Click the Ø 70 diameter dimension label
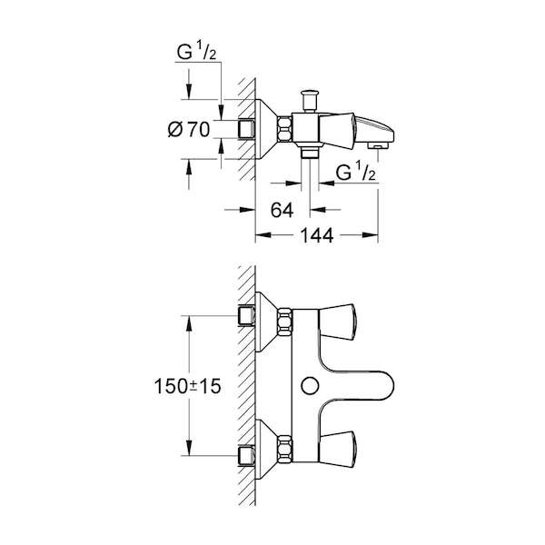[x=189, y=129]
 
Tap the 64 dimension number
[x=282, y=210]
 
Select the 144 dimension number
[x=317, y=235]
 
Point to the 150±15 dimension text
[x=187, y=386]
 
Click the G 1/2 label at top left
[x=196, y=52]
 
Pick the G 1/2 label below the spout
[x=356, y=172]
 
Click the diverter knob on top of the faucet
[x=310, y=101]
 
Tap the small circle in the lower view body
[x=310, y=386]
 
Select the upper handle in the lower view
[x=336, y=322]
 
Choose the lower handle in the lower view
[x=336, y=449]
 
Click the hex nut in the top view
[x=284, y=129]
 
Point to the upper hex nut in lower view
[x=284, y=322]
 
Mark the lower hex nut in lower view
[x=284, y=449]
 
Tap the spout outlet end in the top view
[x=378, y=145]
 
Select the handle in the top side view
[x=336, y=129]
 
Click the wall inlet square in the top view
[x=246, y=129]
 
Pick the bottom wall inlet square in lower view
[x=246, y=456]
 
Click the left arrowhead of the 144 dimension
[x=263, y=235]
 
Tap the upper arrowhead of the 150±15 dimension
[x=188, y=323]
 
